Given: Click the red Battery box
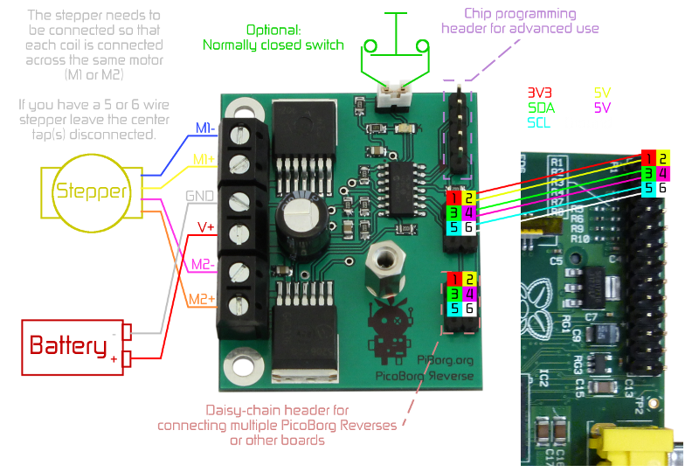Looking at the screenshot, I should pyautogui.click(x=70, y=346).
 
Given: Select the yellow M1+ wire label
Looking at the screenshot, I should pyautogui.click(x=204, y=160).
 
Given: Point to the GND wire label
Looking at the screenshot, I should pyautogui.click(x=199, y=198).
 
